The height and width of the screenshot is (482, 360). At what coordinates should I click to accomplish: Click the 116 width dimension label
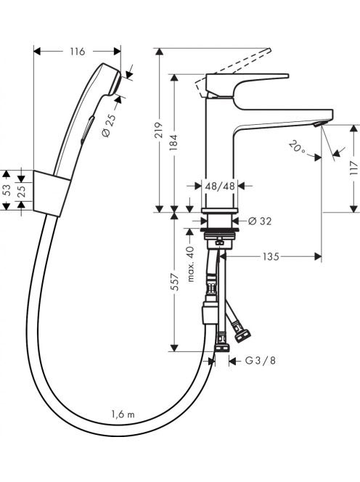[x=77, y=52]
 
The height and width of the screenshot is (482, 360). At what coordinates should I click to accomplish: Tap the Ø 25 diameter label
[x=108, y=126]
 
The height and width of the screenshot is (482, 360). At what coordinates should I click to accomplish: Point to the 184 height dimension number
[x=173, y=142]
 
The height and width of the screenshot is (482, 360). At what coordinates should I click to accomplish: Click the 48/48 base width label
[x=220, y=186]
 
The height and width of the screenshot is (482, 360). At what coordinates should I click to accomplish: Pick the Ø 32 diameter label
[x=260, y=221]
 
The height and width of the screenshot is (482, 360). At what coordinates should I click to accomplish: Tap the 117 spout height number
[x=354, y=168]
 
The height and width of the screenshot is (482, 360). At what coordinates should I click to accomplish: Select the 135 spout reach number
[x=271, y=256]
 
